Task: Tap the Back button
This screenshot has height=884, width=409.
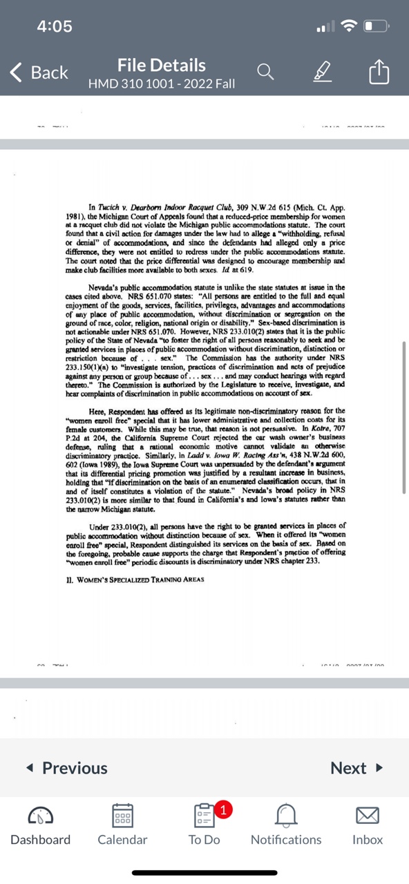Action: click(39, 73)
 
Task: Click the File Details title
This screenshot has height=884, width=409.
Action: click(162, 66)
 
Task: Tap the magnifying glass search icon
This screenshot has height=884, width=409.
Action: click(265, 72)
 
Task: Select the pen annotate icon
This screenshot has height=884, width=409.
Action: click(322, 72)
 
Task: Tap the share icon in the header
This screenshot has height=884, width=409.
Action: click(379, 72)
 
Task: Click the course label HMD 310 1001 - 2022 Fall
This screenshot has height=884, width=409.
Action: click(162, 84)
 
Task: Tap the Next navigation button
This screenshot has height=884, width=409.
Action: click(356, 768)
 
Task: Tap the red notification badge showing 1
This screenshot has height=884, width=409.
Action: click(222, 809)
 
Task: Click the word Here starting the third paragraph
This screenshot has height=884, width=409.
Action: click(97, 411)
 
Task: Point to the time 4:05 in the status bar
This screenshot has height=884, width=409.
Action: click(55, 26)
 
